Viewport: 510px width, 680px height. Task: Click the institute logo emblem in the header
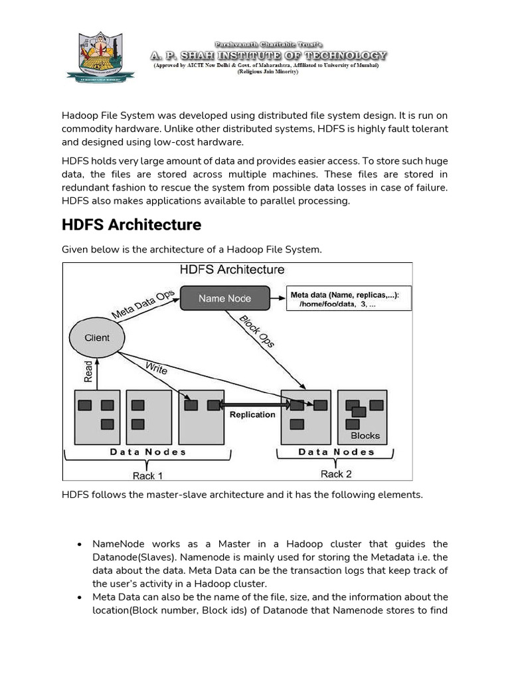point(100,57)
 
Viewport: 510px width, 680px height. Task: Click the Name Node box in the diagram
point(225,298)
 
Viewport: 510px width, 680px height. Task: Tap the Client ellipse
point(97,338)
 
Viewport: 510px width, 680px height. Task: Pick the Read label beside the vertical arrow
point(88,371)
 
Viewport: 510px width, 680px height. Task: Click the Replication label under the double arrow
point(252,414)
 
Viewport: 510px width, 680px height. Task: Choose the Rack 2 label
point(336,474)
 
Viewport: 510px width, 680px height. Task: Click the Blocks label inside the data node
point(365,436)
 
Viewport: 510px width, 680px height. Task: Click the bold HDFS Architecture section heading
point(131,225)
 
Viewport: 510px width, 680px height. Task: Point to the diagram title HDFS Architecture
point(232,270)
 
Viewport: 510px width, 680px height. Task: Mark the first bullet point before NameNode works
point(79,545)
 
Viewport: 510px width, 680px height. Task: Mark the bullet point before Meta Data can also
point(79,598)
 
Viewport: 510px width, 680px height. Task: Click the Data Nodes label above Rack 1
point(147,452)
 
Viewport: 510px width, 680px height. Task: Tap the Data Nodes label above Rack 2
point(336,452)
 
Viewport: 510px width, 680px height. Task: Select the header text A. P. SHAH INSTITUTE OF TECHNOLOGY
point(267,56)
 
